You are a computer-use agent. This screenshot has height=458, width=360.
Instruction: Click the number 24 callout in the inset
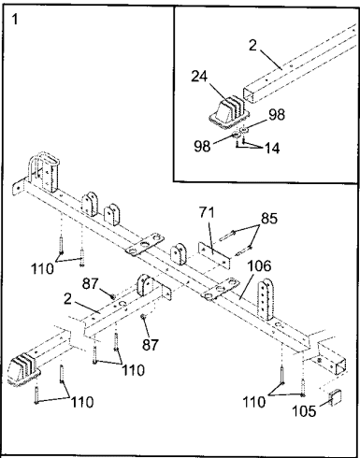click(199, 77)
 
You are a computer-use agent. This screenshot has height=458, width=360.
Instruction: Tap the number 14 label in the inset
click(272, 149)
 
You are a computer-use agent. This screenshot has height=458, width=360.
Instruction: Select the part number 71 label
click(208, 212)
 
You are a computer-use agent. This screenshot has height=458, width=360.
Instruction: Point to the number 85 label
click(269, 219)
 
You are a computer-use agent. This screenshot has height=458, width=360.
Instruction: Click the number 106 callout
click(259, 266)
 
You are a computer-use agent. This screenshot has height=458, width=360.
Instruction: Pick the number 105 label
click(304, 411)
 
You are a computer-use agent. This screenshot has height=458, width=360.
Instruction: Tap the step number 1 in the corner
click(15, 20)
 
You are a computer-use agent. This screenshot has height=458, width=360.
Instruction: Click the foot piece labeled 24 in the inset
click(229, 115)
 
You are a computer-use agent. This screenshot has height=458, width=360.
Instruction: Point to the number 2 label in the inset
click(252, 46)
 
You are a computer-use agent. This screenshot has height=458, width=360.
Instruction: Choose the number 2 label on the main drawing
click(67, 299)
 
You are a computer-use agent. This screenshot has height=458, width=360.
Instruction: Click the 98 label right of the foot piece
click(277, 115)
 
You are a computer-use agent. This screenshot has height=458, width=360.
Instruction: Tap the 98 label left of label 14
click(202, 146)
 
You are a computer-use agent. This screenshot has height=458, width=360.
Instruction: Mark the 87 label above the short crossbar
click(91, 284)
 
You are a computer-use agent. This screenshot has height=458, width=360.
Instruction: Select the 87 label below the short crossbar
click(151, 345)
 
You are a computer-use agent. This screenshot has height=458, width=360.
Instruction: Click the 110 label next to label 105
click(254, 403)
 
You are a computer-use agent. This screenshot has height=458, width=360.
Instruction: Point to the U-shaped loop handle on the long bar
click(36, 167)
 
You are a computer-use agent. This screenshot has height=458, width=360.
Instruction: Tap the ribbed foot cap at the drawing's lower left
click(23, 370)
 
